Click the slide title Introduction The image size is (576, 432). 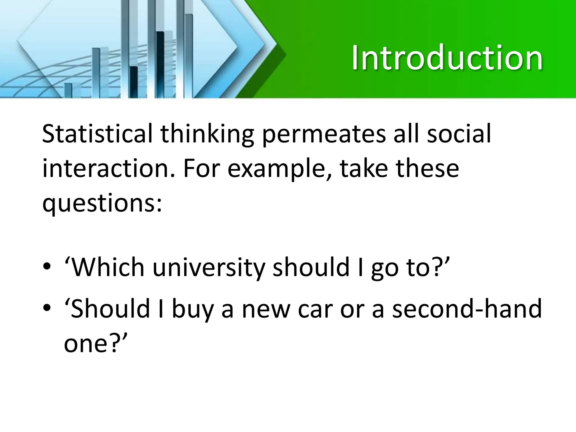click(x=447, y=58)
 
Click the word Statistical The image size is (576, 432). click(x=97, y=133)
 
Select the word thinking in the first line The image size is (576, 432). click(x=207, y=134)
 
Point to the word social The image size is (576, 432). click(x=459, y=133)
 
